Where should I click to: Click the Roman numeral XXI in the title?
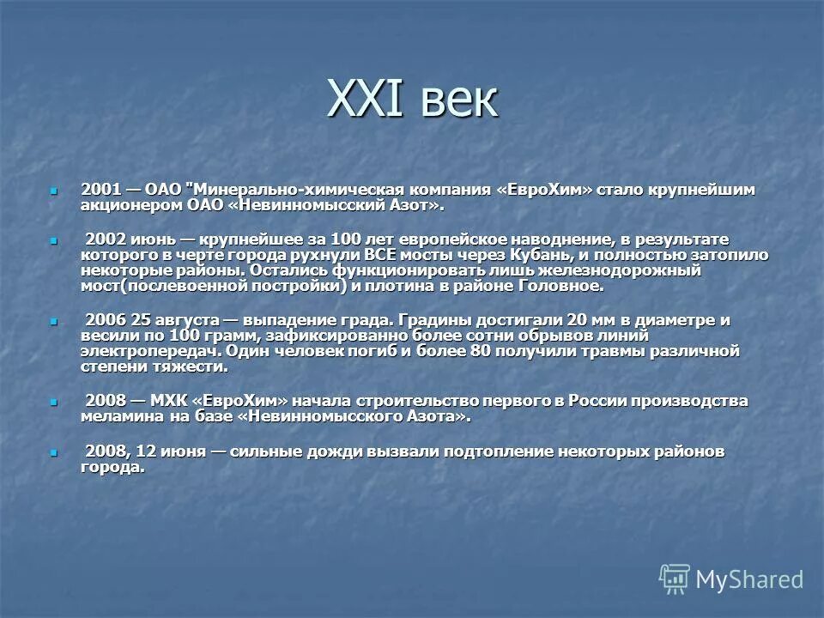[x=364, y=100]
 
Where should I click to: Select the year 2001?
[x=101, y=189]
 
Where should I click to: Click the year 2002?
[x=105, y=238]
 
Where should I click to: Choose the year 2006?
[x=105, y=319]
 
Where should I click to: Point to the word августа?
[x=181, y=319]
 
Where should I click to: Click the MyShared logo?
[x=731, y=579]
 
